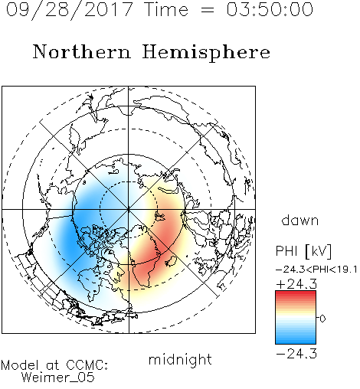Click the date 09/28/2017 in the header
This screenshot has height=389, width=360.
70,10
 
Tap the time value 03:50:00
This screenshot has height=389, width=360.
270,9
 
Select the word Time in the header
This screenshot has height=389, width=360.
166,9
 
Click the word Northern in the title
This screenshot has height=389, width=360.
82,51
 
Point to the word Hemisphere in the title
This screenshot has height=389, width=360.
206,53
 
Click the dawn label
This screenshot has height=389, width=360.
300,220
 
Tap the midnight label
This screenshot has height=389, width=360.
180,359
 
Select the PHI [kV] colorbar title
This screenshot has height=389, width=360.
304,251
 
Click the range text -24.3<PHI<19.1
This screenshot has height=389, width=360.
316,270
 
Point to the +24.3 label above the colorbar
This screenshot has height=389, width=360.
296,284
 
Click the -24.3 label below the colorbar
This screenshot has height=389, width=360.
296,354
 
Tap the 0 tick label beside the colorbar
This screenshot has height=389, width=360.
322,319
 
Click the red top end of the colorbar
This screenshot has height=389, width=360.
296,293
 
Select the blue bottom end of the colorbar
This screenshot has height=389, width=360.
296,341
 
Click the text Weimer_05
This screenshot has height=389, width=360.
58,378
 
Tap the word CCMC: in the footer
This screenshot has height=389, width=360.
87,365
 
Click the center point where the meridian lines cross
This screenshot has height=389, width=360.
129,210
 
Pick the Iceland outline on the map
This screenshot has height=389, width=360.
171,261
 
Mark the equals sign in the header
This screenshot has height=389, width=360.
208,10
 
